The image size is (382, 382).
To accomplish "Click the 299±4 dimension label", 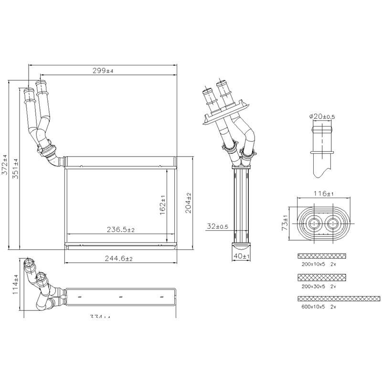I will [x=103, y=71].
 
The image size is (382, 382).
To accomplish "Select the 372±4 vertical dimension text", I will [x=5, y=166].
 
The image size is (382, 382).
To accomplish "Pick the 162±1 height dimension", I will [x=162, y=204].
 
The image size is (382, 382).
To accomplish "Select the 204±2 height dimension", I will [x=188, y=202].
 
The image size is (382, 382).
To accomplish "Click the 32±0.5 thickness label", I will [x=217, y=227].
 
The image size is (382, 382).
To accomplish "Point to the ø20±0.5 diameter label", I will [x=322, y=116].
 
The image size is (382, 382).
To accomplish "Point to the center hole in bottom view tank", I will [x=120, y=296].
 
